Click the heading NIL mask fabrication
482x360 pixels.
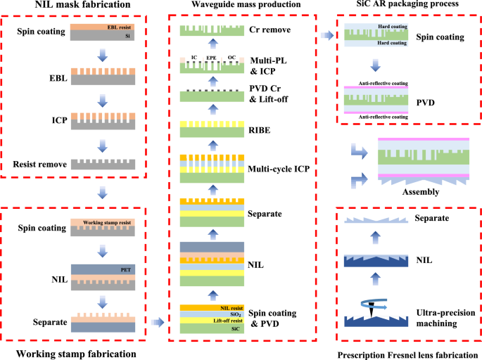coord(72,6)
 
